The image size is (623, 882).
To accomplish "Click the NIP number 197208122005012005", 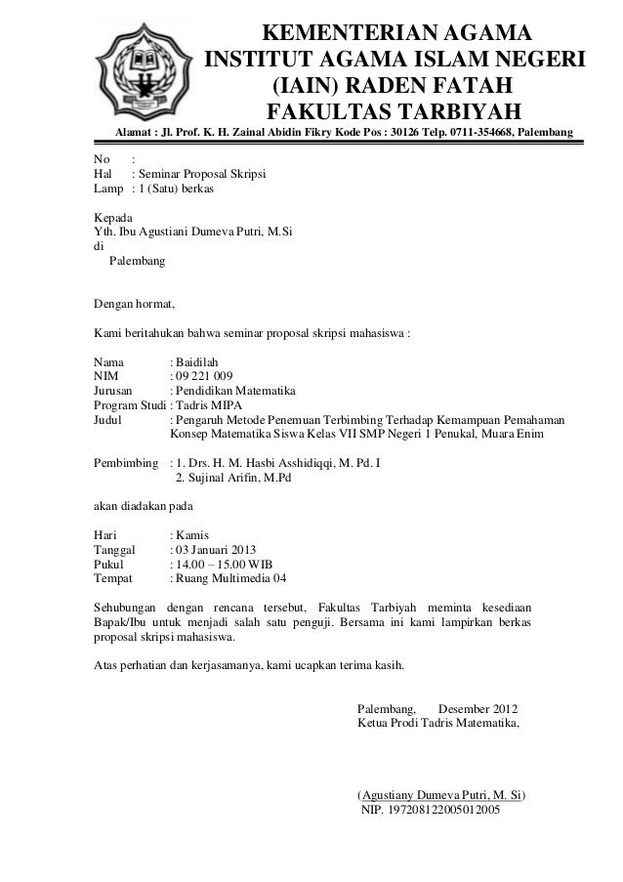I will (x=432, y=811).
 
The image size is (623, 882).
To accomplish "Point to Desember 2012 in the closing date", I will (x=479, y=708).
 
